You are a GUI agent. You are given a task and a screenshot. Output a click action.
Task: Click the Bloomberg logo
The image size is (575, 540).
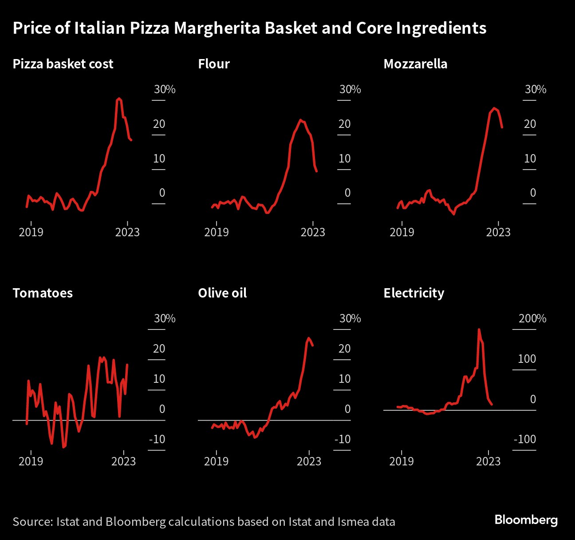tap(526, 520)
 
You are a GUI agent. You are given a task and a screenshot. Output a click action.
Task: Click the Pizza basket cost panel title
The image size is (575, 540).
tap(63, 64)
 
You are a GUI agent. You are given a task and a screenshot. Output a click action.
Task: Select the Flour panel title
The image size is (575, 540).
tap(214, 64)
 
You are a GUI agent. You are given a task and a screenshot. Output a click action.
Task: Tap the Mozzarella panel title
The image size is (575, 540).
tap(415, 64)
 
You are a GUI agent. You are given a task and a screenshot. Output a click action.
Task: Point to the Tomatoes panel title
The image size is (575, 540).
tap(43, 293)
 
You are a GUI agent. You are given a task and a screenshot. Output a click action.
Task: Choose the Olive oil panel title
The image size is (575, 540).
tap(222, 293)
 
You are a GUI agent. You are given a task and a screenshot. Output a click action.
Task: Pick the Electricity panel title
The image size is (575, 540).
tap(414, 293)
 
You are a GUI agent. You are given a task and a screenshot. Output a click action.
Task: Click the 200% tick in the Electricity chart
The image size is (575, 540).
tap(532, 318)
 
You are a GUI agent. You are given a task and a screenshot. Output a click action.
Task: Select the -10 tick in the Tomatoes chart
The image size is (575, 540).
tap(157, 439)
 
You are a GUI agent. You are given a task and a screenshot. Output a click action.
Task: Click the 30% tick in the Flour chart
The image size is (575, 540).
tap(350, 89)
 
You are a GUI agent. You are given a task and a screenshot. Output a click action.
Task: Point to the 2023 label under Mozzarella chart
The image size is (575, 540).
tap(498, 232)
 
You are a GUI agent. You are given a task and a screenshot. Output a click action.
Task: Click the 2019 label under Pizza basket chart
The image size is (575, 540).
tap(31, 232)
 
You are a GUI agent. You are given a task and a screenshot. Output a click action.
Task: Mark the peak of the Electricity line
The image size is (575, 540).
tap(479, 330)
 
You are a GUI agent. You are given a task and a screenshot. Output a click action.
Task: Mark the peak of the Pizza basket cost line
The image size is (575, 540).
tap(118, 99)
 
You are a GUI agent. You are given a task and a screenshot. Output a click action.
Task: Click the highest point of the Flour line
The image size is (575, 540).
tap(301, 120)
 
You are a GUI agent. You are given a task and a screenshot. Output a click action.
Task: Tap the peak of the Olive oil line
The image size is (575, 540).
tap(309, 338)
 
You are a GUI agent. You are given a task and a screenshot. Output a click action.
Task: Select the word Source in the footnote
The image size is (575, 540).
tap(32, 521)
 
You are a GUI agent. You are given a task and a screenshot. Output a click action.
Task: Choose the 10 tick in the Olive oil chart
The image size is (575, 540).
tap(345, 379)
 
